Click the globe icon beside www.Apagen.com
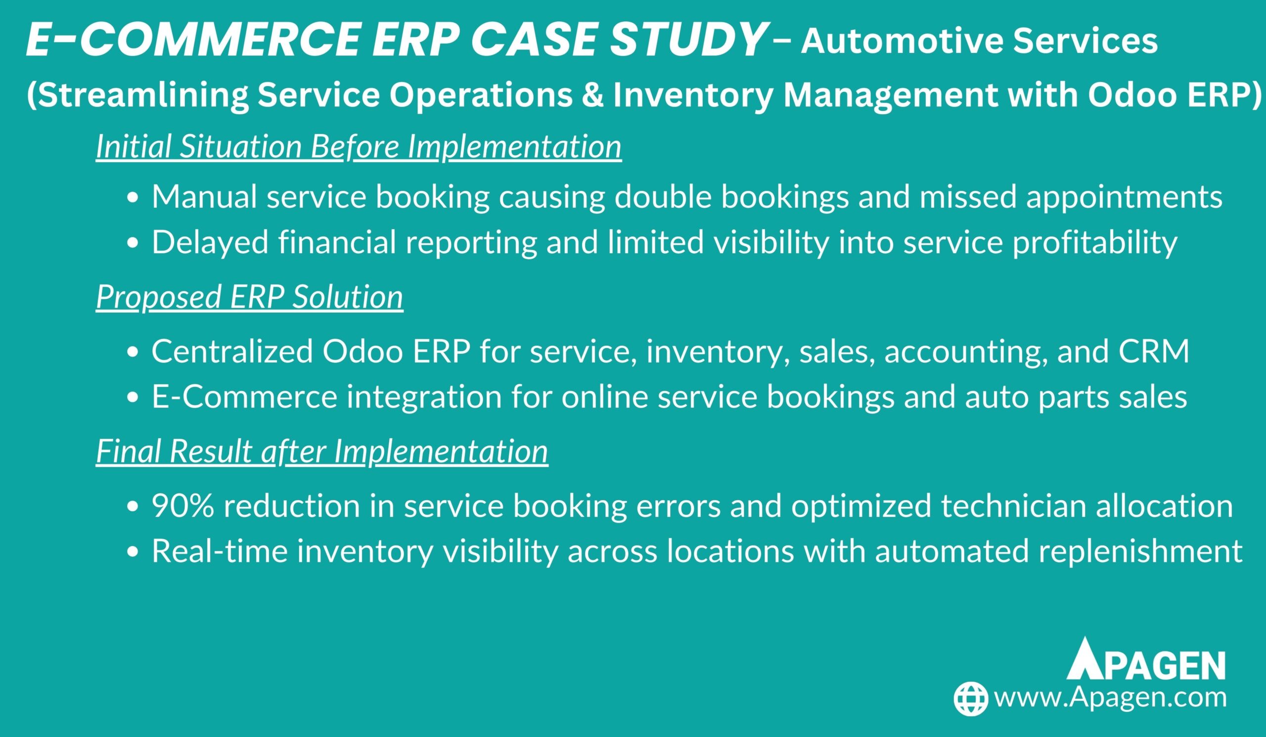[x=971, y=699]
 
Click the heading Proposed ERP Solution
[x=250, y=296]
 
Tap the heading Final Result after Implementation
[x=322, y=451]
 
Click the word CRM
[x=1154, y=352]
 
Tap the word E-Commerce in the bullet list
[x=244, y=397]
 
